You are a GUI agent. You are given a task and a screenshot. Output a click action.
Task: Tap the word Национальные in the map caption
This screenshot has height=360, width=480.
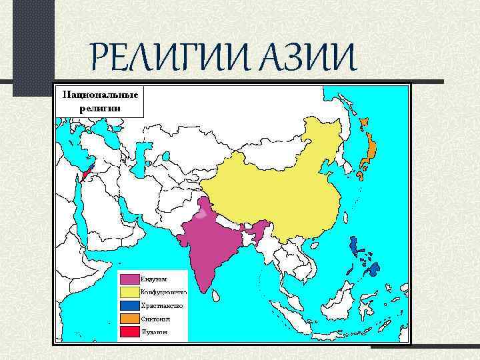[x=100, y=95]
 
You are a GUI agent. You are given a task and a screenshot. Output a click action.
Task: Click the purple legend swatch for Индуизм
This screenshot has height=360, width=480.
[x=129, y=278]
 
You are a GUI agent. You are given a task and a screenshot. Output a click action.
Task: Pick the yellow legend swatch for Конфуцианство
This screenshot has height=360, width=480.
[x=129, y=291]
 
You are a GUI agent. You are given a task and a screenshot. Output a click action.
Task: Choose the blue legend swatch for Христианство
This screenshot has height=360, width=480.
[x=129, y=305]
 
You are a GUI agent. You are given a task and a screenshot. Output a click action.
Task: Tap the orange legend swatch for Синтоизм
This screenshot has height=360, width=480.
[x=129, y=318]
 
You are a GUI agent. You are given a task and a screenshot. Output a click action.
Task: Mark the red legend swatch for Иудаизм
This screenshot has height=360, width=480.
[x=129, y=331]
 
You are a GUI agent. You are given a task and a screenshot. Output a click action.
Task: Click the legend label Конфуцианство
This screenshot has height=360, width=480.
[x=163, y=291]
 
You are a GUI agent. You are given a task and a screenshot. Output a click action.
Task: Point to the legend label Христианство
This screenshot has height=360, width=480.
[x=161, y=305]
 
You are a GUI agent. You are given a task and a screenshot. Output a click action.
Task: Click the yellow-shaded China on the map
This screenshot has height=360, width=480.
[x=280, y=193]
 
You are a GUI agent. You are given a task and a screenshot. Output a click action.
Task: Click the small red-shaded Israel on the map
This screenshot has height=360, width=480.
[x=83, y=176]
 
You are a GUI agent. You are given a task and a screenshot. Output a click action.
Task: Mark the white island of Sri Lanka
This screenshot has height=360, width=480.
[x=217, y=295]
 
